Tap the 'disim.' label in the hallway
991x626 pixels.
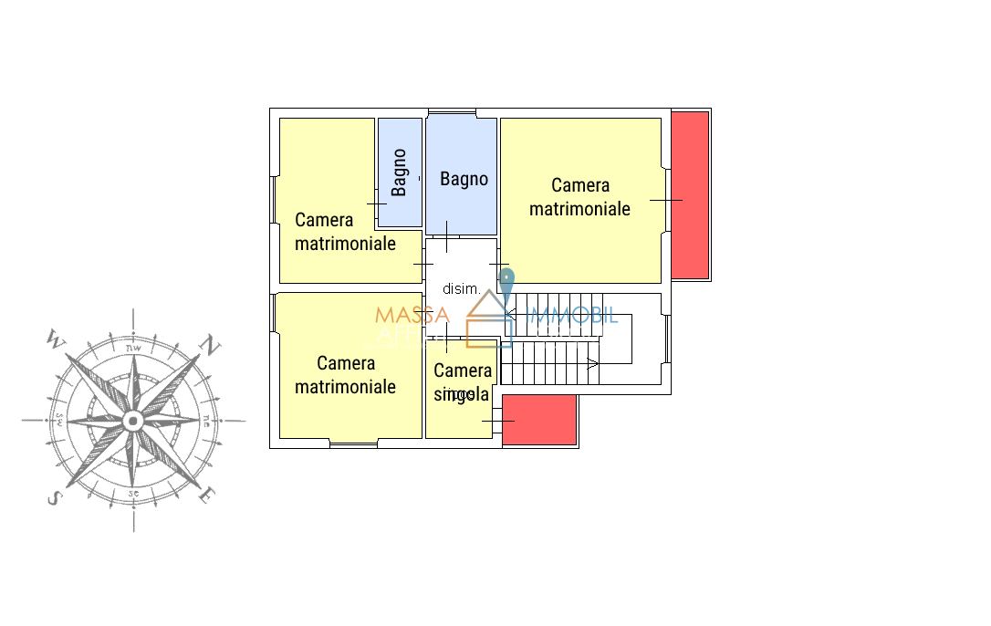(x=461, y=289)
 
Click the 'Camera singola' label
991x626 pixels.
(x=463, y=382)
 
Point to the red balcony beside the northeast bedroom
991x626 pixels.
(x=690, y=194)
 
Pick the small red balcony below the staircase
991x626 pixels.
(x=539, y=420)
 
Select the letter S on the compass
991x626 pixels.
(x=54, y=498)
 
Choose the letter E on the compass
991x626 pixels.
(x=208, y=496)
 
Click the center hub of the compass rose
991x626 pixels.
(x=133, y=421)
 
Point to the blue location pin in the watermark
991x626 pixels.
(x=507, y=284)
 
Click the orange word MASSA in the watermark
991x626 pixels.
(x=412, y=316)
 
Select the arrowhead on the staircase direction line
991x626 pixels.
(x=592, y=364)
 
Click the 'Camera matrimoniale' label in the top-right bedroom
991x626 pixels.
(x=580, y=197)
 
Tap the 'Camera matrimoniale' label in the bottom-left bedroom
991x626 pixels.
(x=345, y=375)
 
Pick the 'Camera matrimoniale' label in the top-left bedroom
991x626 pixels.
(x=345, y=232)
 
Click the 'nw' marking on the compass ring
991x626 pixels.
(x=133, y=347)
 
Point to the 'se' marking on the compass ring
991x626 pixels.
(x=133, y=494)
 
